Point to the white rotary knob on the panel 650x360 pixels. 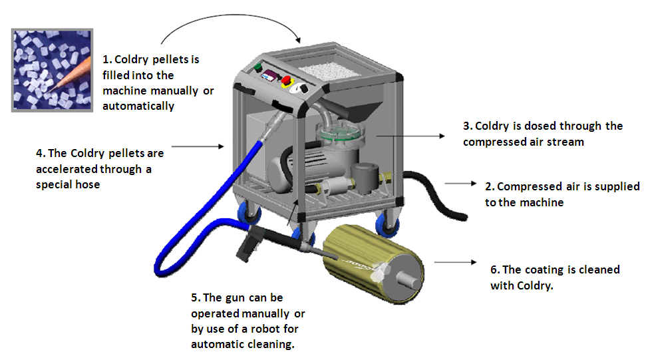coord(305,88)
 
